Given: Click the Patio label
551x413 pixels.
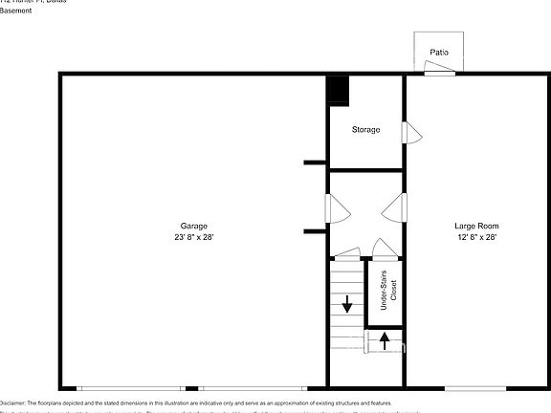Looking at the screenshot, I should point(439,53).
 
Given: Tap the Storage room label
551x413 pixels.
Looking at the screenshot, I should point(365,129).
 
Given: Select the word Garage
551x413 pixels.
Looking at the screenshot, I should point(194,226).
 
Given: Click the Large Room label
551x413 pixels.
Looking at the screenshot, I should point(475,226).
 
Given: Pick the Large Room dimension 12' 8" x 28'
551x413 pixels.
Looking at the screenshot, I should point(475,237).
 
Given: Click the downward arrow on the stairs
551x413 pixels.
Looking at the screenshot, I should point(346,307).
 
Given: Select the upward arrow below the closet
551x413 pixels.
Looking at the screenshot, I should point(384,341).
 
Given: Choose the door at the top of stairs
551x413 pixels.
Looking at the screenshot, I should point(346,253).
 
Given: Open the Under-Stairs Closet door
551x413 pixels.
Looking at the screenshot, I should point(385,250).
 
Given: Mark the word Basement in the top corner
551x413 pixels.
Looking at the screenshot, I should point(16,11).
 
